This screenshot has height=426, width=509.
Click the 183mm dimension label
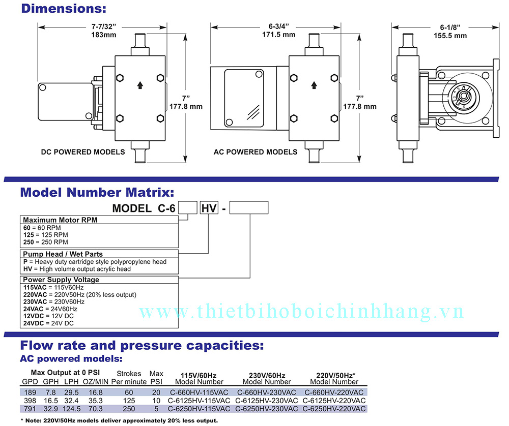[104, 35]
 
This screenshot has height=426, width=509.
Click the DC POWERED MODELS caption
[83, 152]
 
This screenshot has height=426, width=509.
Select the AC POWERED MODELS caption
[256, 152]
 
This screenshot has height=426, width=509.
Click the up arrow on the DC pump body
[140, 85]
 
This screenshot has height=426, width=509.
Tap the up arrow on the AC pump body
[315, 85]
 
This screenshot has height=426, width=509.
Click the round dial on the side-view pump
[463, 96]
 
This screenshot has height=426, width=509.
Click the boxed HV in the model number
[209, 207]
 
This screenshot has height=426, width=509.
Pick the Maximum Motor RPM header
[60, 220]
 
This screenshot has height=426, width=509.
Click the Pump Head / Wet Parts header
[63, 254]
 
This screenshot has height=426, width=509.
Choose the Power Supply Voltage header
[61, 280]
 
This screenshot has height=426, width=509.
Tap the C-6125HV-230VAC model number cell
[267, 401]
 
